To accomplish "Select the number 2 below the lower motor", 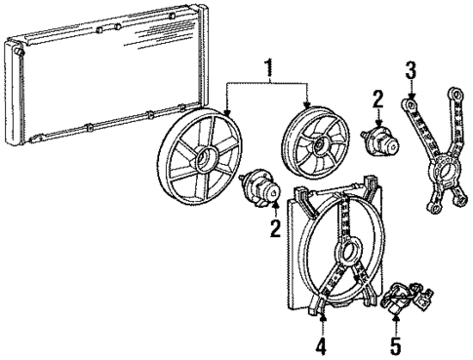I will click(x=276, y=228).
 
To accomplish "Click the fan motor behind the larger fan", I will click(x=258, y=189).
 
